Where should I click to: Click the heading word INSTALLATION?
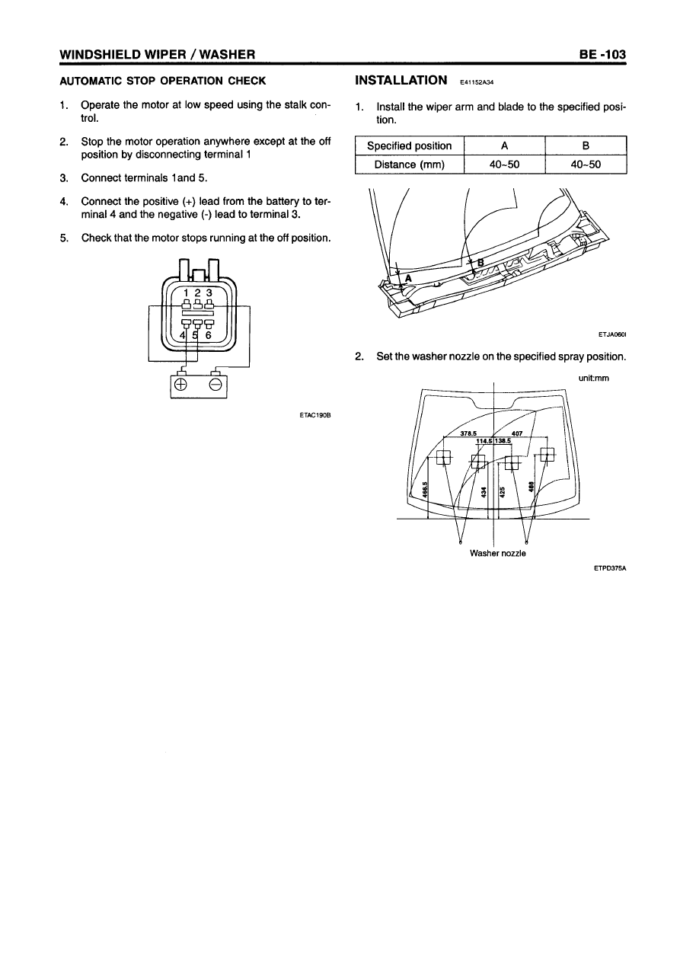pyautogui.click(x=401, y=80)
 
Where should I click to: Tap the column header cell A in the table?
pyautogui.click(x=503, y=145)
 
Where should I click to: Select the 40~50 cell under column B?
pyautogui.click(x=586, y=163)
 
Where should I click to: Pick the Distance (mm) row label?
pyautogui.click(x=410, y=163)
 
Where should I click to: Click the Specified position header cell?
pyautogui.click(x=410, y=145)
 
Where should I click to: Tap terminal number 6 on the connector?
pyautogui.click(x=209, y=333)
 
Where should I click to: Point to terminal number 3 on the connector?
pyautogui.click(x=209, y=292)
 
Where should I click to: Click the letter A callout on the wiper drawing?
pyautogui.click(x=408, y=278)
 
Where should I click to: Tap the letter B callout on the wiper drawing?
pyautogui.click(x=480, y=264)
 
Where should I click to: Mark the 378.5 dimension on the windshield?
pyautogui.click(x=469, y=433)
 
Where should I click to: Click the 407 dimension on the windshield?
pyautogui.click(x=516, y=433)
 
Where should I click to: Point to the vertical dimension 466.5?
pyautogui.click(x=426, y=491)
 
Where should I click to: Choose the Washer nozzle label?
pyautogui.click(x=498, y=553)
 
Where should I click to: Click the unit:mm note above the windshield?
pyautogui.click(x=593, y=377)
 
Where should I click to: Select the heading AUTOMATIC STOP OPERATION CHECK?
pyautogui.click(x=162, y=81)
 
